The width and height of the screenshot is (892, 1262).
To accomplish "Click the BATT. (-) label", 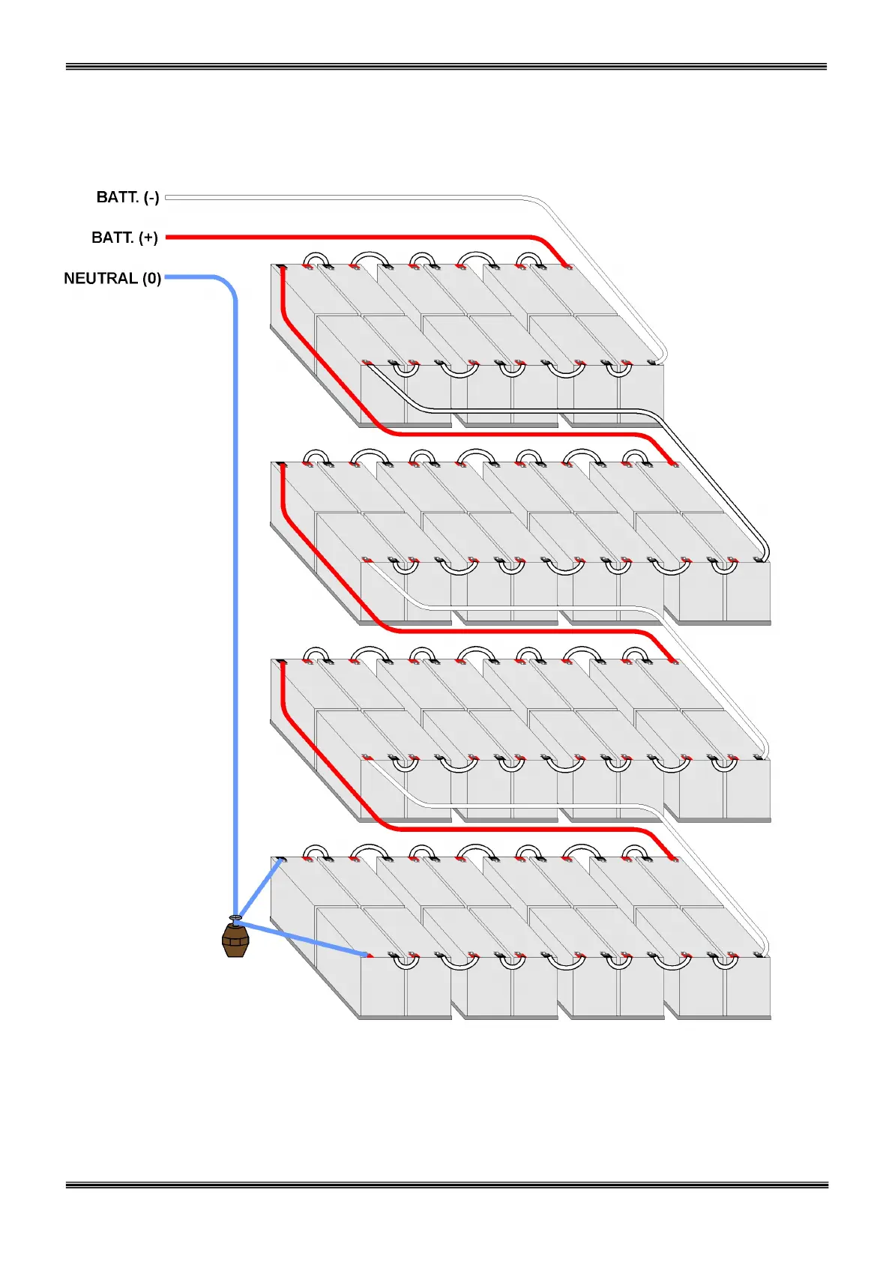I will (127, 197).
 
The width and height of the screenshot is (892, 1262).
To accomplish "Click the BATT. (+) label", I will (124, 238).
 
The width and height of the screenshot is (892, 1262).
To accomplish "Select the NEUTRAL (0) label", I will (112, 278).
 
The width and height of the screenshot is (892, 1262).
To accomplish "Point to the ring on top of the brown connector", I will (235, 917).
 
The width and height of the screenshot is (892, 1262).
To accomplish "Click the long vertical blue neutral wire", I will (235, 600).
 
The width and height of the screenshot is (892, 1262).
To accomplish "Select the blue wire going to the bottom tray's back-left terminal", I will (259, 888).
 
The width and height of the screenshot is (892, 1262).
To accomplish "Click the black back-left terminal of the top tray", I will (281, 267).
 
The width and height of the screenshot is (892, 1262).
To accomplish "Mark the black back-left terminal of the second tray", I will (281, 465).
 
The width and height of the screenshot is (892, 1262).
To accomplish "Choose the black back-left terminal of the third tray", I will (281, 662).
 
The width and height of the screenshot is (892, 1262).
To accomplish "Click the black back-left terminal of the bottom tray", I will (281, 859).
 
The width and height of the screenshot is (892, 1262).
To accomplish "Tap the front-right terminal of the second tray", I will (761, 560).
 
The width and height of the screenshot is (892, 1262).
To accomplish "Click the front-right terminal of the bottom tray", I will (761, 955).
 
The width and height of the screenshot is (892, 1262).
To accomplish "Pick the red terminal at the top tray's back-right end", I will (568, 267).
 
